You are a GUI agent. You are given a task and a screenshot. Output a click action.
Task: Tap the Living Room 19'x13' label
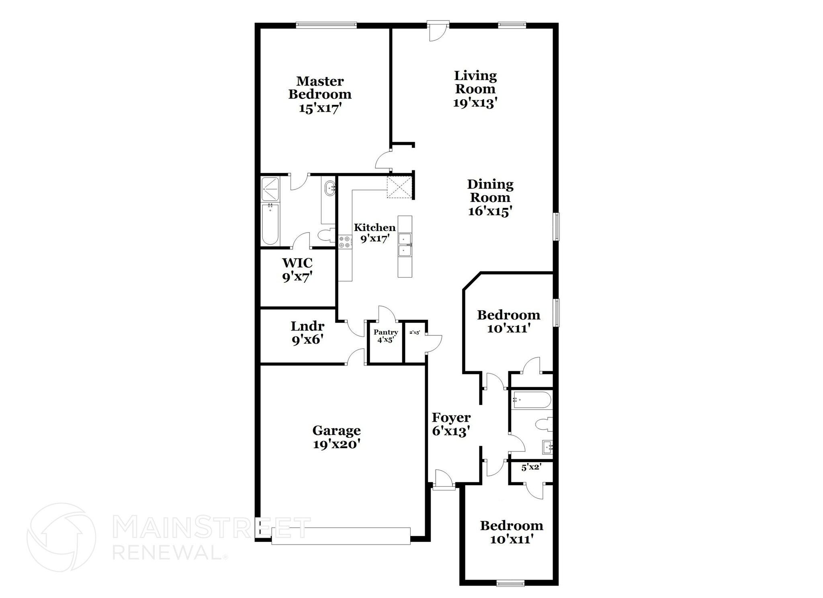click(x=475, y=89)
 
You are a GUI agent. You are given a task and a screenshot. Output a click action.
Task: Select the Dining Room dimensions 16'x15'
click(x=490, y=211)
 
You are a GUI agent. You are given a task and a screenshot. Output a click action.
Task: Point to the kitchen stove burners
click(x=344, y=242)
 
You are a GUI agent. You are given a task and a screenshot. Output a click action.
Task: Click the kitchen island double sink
click(x=405, y=245)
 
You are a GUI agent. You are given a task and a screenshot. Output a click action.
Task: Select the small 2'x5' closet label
click(x=415, y=333)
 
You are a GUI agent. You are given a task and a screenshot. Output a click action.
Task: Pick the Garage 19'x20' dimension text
click(x=336, y=444)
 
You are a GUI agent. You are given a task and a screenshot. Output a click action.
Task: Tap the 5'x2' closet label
click(x=531, y=467)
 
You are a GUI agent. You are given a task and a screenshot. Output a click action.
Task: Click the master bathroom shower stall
click(x=270, y=189)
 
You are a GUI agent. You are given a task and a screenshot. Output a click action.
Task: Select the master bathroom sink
click(x=330, y=188)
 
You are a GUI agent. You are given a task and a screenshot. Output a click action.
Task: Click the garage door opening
click(x=341, y=536)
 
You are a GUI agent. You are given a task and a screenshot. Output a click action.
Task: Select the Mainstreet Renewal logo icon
click(x=61, y=537)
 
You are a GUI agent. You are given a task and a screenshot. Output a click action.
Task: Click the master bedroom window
click(x=326, y=25)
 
